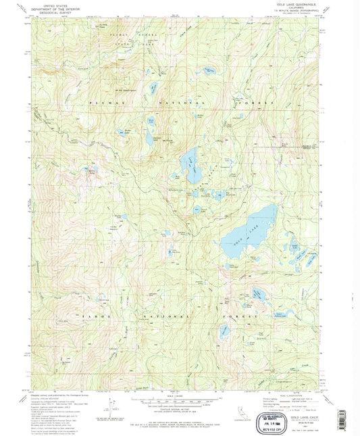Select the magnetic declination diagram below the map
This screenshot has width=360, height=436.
(x=107, y=404)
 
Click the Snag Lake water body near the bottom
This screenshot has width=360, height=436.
(x=224, y=331)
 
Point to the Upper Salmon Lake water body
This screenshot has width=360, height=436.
(x=259, y=292)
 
